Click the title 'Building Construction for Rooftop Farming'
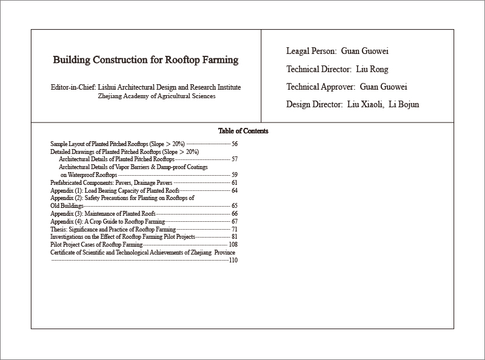(145, 61)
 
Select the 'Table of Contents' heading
(243, 131)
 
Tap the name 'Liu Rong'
(372, 69)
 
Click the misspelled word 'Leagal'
(298, 52)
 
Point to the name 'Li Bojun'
(403, 104)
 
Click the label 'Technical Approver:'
(320, 87)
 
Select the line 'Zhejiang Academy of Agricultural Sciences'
(156, 96)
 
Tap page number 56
(234, 144)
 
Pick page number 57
(234, 159)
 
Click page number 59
(234, 175)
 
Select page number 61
(234, 182)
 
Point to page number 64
(234, 190)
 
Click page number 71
(234, 230)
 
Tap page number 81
(234, 237)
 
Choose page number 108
(233, 244)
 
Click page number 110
(233, 260)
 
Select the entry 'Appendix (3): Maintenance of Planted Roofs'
(103, 214)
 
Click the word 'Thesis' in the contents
(58, 230)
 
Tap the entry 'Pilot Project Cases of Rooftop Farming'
(96, 244)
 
